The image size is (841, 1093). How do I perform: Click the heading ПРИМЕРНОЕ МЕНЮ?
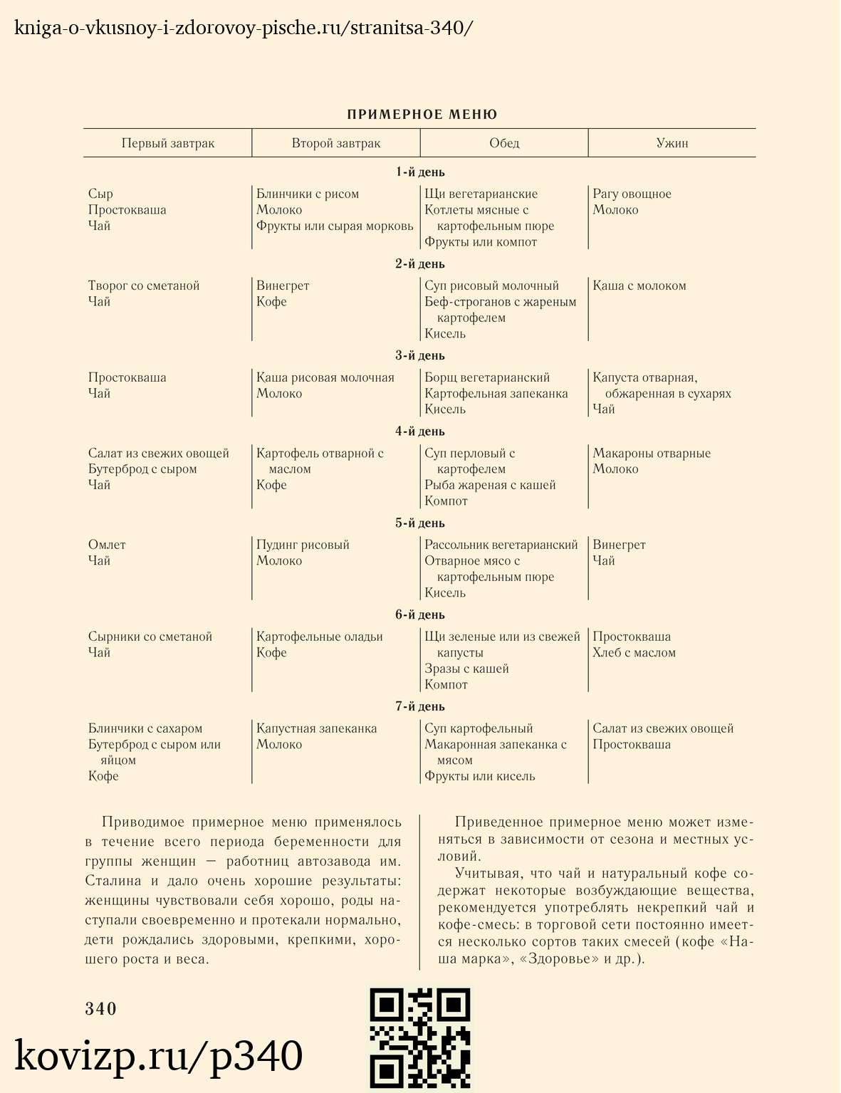coord(422,115)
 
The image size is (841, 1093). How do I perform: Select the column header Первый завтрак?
coord(167,143)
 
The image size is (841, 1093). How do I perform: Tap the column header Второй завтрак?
coord(335,143)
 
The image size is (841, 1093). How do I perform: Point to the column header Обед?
coord(504,143)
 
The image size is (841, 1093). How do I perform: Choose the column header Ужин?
coord(672,143)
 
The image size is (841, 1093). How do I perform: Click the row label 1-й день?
coord(420,172)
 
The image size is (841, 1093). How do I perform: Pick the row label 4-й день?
coord(420,432)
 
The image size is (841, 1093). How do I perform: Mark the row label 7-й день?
coord(420,706)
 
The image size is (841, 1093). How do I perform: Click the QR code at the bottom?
coord(420,1038)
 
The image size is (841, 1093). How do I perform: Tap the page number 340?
coord(100,1008)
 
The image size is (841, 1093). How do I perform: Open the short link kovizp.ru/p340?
coord(159,1056)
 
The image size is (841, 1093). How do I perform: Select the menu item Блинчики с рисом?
coord(308,194)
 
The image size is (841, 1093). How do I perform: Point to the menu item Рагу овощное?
coord(632,194)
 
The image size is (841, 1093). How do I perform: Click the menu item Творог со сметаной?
coord(144,286)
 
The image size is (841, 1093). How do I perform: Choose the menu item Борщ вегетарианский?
coord(487,377)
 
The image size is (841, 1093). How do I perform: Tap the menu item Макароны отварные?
coord(652,454)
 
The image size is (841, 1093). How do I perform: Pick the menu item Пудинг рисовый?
coord(303,545)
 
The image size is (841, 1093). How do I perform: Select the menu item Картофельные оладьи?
coord(319,637)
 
